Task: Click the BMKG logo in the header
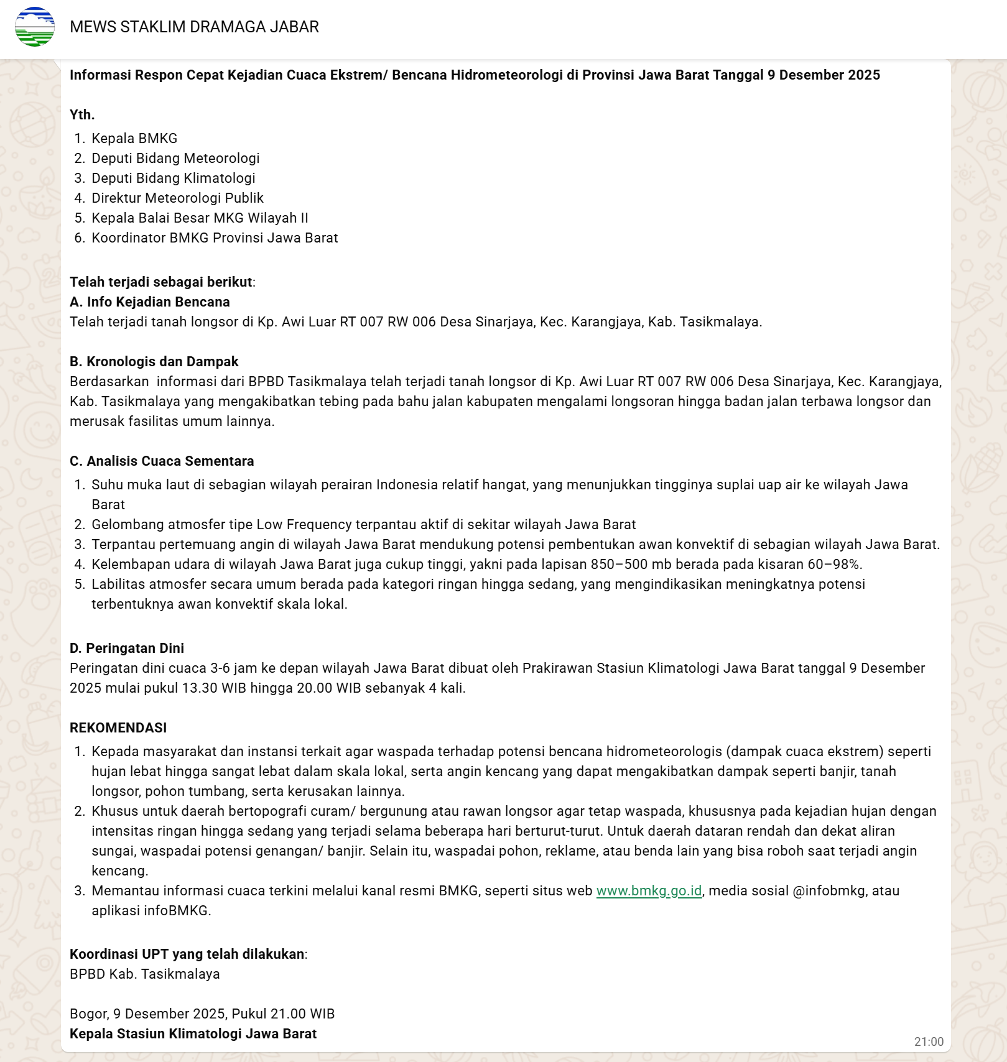(35, 27)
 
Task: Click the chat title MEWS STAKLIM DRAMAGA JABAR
(194, 27)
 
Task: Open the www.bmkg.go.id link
(649, 890)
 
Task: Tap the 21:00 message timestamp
(928, 1041)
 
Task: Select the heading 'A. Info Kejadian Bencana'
(149, 302)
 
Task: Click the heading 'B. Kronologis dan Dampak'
(154, 361)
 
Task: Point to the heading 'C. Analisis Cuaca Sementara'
(162, 461)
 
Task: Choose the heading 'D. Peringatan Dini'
(127, 648)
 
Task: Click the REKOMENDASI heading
(118, 727)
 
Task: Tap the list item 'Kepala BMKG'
(134, 138)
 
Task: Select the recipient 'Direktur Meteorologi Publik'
(177, 198)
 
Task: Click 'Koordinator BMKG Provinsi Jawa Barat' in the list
(215, 238)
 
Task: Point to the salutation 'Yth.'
(82, 114)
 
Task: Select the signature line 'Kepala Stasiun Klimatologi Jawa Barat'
(193, 1033)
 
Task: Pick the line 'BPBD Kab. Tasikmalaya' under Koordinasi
(144, 974)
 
